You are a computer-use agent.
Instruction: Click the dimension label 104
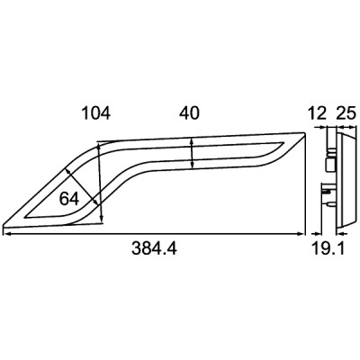point(96,113)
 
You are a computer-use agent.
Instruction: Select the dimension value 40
point(189,113)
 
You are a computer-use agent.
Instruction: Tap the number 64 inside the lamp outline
point(69,199)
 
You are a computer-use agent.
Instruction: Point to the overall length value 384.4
point(154,248)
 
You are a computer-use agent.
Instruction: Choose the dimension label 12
point(317,113)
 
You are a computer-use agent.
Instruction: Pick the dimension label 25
point(346,113)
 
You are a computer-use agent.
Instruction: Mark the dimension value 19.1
point(328,248)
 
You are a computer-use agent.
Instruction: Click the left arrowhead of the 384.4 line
point(6,234)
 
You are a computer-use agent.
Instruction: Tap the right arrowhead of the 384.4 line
point(301,234)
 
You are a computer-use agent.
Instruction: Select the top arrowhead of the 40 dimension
point(192,141)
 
